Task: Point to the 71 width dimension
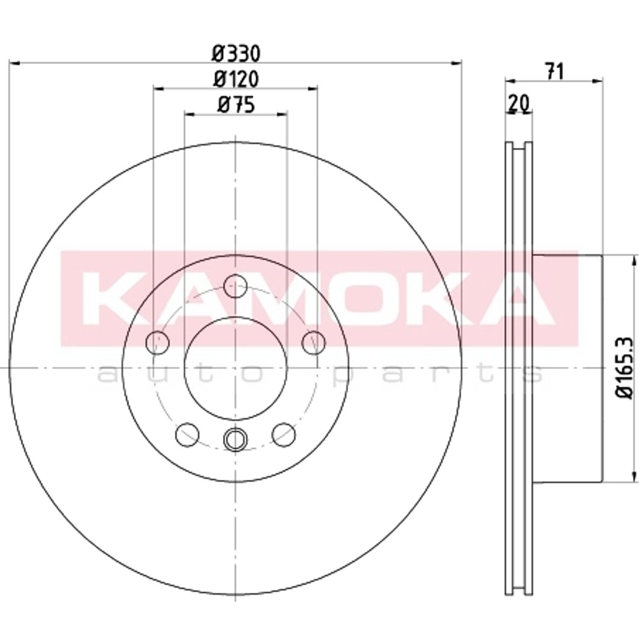click(x=554, y=72)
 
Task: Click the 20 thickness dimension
click(x=519, y=104)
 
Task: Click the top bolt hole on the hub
click(x=235, y=286)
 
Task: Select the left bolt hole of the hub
click(x=157, y=343)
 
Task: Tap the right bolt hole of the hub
click(x=314, y=343)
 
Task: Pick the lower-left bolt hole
click(x=187, y=434)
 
